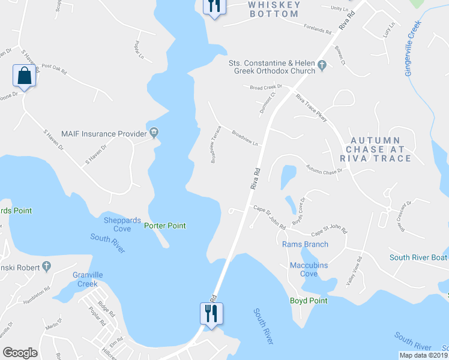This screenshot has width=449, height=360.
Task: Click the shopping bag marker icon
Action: [24, 76]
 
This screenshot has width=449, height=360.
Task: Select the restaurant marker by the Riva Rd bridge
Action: [211, 313]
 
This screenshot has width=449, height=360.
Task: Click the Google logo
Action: [20, 353]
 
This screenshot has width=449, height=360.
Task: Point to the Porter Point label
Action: [165, 226]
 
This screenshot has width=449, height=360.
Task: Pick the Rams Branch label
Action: [305, 244]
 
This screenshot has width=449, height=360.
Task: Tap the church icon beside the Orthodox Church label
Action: [322, 65]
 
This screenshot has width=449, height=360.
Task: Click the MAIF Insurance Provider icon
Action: [155, 133]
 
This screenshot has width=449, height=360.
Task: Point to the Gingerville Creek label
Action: [414, 49]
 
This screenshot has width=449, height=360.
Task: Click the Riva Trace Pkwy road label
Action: [310, 109]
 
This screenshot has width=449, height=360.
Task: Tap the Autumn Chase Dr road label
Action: [324, 169]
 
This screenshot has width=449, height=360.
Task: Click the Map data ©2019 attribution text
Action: [422, 355]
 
